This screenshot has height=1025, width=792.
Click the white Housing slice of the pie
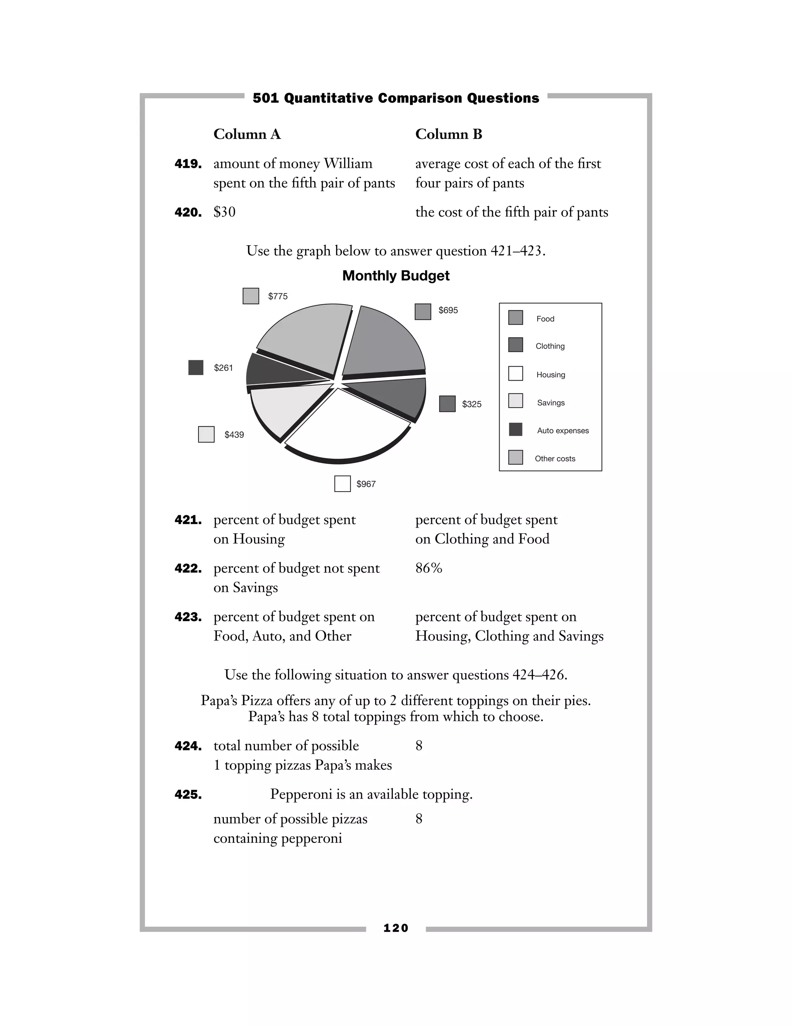(347, 425)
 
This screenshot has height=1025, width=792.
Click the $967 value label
(366, 484)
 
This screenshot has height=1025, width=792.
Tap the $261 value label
(224, 368)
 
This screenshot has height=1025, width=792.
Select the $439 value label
(234, 435)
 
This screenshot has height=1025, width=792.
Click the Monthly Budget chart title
(396, 275)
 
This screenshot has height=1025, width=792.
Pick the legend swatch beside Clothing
(515, 345)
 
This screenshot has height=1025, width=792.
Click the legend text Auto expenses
(563, 430)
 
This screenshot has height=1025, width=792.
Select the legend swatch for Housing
(515, 374)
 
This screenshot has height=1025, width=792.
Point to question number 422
(188, 568)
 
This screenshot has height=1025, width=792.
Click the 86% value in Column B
(428, 568)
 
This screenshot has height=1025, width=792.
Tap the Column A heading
(247, 134)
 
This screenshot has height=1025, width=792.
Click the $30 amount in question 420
(224, 212)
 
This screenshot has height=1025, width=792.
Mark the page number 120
(396, 928)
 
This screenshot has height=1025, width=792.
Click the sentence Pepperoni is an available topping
(371, 794)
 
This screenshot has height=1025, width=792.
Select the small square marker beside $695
(423, 312)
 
